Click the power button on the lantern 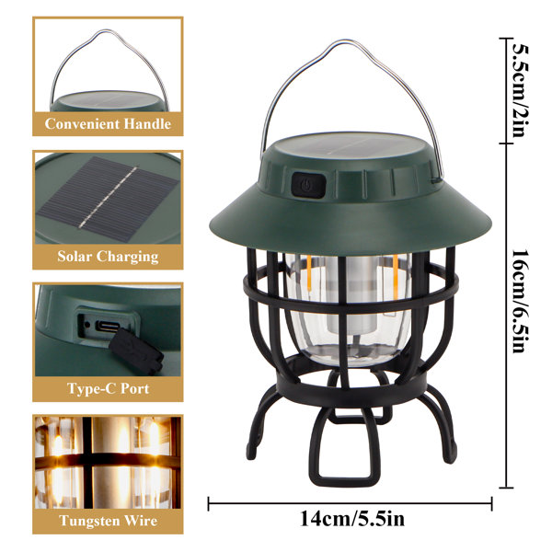click(x=308, y=185)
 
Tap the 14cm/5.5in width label click(x=352, y=519)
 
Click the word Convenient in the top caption click(x=83, y=124)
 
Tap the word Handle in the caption click(x=147, y=124)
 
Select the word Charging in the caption click(x=128, y=257)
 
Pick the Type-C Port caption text click(x=108, y=388)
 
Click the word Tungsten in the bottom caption click(x=90, y=521)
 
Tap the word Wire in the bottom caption click(x=141, y=521)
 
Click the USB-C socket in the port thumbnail click(x=108, y=326)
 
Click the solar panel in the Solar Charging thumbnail click(x=108, y=199)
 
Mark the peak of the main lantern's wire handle click(x=345, y=40)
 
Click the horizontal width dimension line click(x=350, y=503)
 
